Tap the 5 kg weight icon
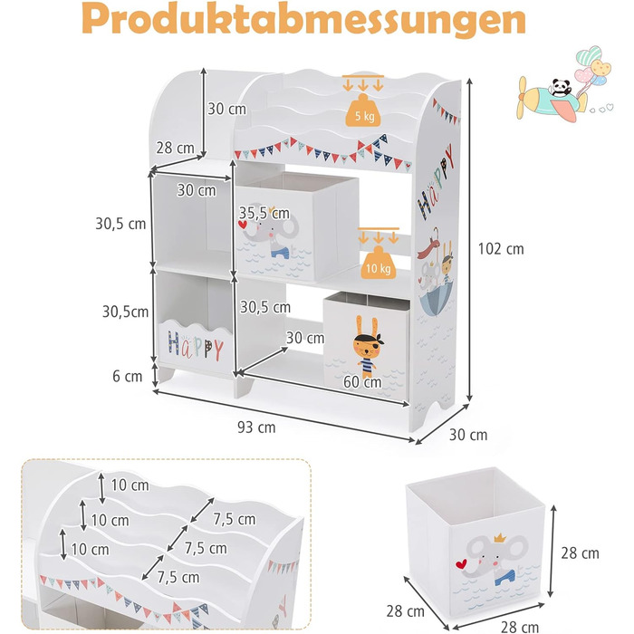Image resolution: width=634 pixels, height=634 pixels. pyautogui.click(x=362, y=110)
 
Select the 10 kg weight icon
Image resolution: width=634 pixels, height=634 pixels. pyautogui.click(x=378, y=263)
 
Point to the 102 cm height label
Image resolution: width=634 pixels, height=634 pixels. pyautogui.click(x=501, y=249)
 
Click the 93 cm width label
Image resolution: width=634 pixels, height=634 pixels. pyautogui.click(x=256, y=427)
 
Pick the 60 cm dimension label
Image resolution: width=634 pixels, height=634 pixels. pyautogui.click(x=362, y=381)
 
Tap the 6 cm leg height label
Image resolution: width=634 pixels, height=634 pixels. pyautogui.click(x=128, y=376)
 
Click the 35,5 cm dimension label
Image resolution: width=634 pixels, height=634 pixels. pyautogui.click(x=264, y=213)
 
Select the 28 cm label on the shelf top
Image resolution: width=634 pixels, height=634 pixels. pyautogui.click(x=175, y=148)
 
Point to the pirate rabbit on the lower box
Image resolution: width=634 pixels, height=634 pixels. pyautogui.click(x=368, y=347)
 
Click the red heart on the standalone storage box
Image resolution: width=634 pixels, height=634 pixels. pyautogui.click(x=460, y=563)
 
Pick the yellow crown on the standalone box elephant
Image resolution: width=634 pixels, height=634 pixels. pyautogui.click(x=500, y=537)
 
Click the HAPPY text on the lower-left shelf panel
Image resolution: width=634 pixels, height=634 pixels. pyautogui.click(x=196, y=346)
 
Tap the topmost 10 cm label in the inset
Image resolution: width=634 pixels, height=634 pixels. pyautogui.click(x=130, y=485)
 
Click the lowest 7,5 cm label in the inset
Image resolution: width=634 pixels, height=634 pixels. pyautogui.click(x=178, y=578)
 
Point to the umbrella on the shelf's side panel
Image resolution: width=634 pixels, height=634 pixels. pyautogui.click(x=437, y=298)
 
